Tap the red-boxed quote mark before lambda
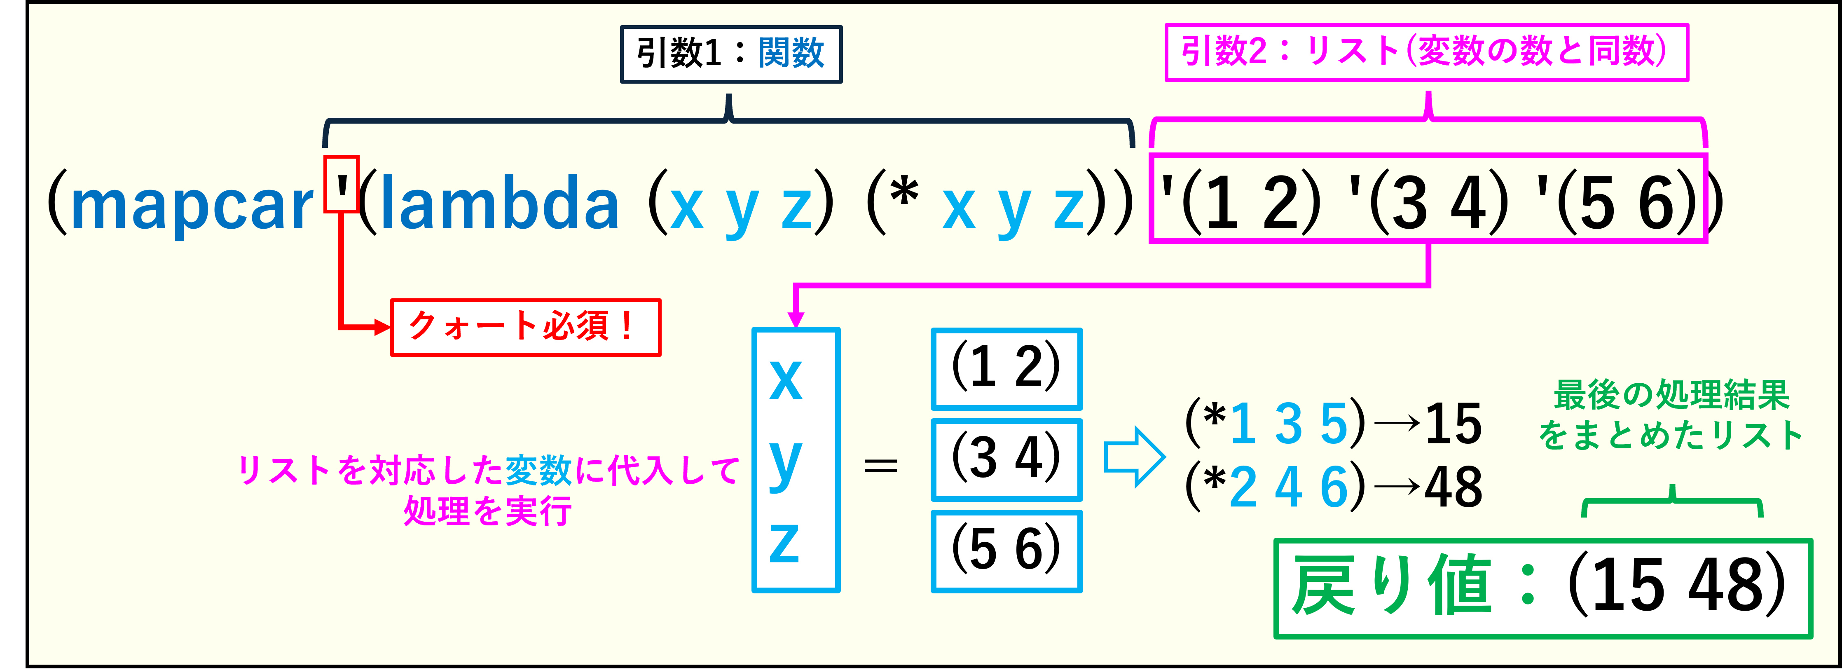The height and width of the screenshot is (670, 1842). [x=341, y=185]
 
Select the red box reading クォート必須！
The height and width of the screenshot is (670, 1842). [x=526, y=328]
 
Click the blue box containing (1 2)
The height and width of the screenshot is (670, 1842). [x=1006, y=368]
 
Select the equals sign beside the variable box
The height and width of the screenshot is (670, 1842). [x=880, y=466]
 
